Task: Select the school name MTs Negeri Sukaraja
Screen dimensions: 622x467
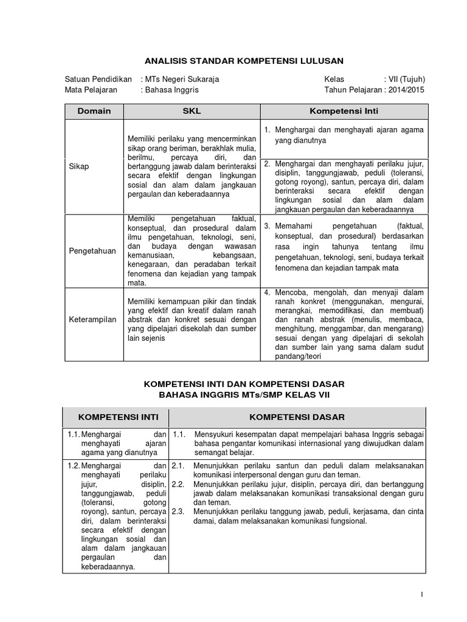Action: (x=181, y=79)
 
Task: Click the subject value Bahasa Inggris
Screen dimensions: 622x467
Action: (x=171, y=90)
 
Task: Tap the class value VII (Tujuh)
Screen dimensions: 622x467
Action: (x=404, y=79)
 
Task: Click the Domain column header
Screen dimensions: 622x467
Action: (x=94, y=111)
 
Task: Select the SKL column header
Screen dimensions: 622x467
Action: (x=192, y=111)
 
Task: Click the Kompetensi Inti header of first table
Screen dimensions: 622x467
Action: (x=344, y=111)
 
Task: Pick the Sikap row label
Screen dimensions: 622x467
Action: (x=78, y=167)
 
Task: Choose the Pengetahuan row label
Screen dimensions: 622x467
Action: (x=91, y=250)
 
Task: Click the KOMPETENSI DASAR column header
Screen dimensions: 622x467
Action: (x=297, y=417)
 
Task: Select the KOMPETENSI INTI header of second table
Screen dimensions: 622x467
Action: (x=116, y=417)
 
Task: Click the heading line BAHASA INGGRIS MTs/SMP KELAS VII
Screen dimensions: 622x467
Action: (x=244, y=395)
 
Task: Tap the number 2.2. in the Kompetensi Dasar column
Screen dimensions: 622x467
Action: (x=178, y=484)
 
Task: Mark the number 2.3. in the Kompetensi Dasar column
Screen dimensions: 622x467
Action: (x=178, y=511)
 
